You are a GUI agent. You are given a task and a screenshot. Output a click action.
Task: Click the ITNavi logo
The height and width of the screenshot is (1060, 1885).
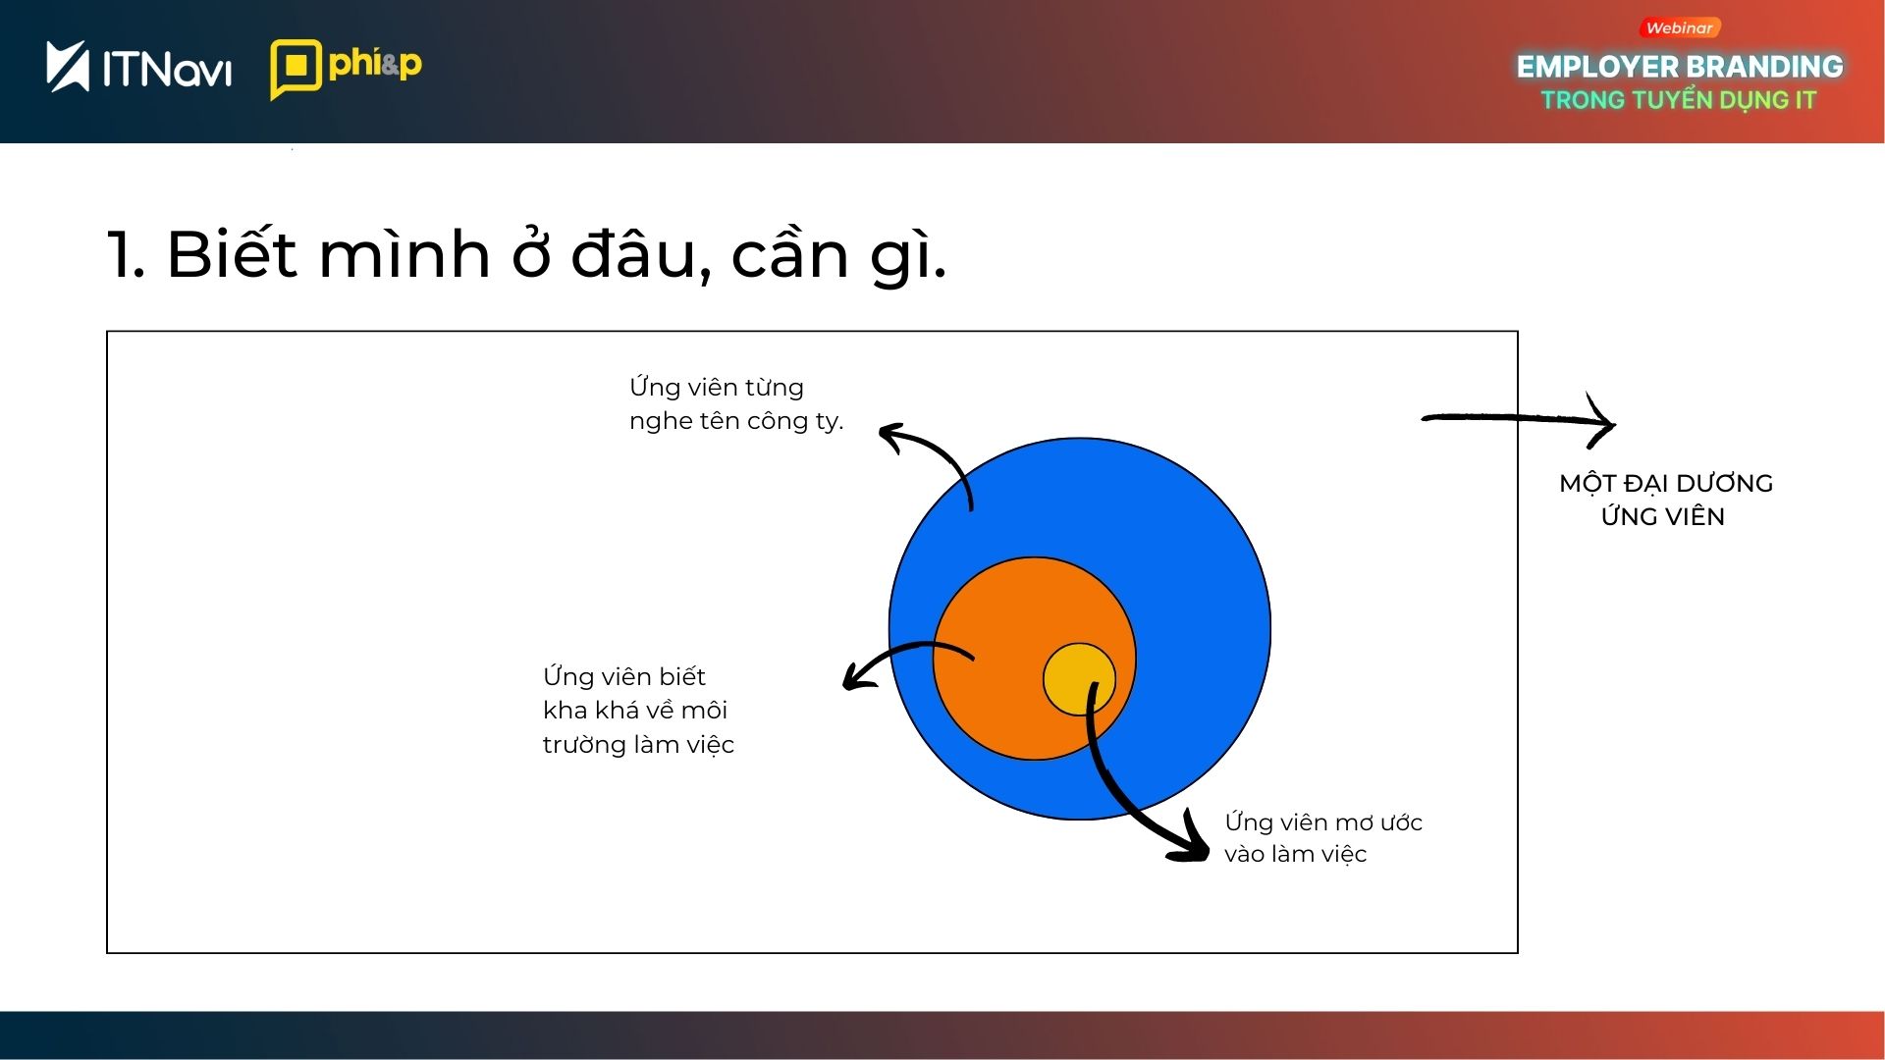138,67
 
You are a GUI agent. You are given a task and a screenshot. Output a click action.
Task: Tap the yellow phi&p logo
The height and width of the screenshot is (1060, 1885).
346,69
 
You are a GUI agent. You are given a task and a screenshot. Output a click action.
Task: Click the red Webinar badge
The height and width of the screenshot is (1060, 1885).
1679,28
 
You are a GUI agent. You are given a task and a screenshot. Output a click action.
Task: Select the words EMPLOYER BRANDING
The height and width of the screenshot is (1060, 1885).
1680,67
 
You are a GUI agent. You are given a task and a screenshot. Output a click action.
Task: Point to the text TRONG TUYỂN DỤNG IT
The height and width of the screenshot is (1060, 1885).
1679,100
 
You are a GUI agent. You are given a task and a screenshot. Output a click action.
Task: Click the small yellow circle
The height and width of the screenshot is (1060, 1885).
1079,679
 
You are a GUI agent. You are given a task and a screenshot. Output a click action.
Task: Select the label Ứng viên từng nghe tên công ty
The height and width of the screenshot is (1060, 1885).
736,403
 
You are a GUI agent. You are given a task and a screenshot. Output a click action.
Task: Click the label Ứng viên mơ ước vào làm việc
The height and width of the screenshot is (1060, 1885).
1323,837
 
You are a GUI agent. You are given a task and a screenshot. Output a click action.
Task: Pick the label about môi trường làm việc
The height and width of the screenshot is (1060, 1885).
638,710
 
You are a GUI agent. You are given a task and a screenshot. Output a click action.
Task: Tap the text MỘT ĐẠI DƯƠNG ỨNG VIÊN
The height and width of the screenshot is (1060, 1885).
1665,500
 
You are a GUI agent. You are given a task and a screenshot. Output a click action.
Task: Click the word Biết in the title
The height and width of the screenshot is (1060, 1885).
232,253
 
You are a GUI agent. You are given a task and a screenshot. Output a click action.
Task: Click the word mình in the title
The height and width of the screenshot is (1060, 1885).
404,253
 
